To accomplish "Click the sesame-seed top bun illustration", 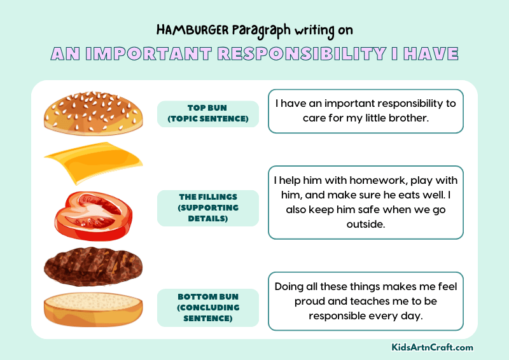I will pyautogui.click(x=94, y=114).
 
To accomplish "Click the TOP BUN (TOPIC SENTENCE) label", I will pyautogui.click(x=208, y=114).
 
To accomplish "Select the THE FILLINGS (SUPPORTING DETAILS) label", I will pyautogui.click(x=208, y=208).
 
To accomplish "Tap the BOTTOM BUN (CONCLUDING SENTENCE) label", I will pyautogui.click(x=208, y=307).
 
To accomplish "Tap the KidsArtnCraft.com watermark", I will pyautogui.click(x=432, y=347).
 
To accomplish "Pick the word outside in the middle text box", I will pyautogui.click(x=366, y=225).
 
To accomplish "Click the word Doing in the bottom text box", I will pyautogui.click(x=289, y=286).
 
